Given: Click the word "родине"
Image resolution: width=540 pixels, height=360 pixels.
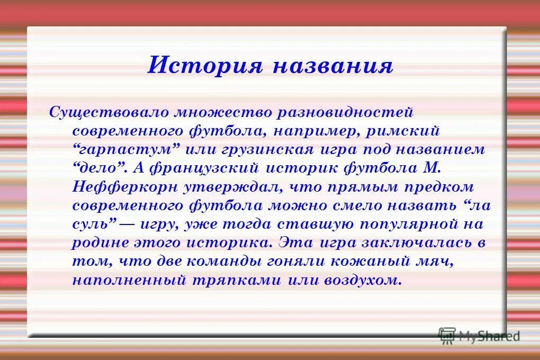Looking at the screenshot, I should [100, 243].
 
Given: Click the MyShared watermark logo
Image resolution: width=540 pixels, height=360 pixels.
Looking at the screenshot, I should [480, 335].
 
